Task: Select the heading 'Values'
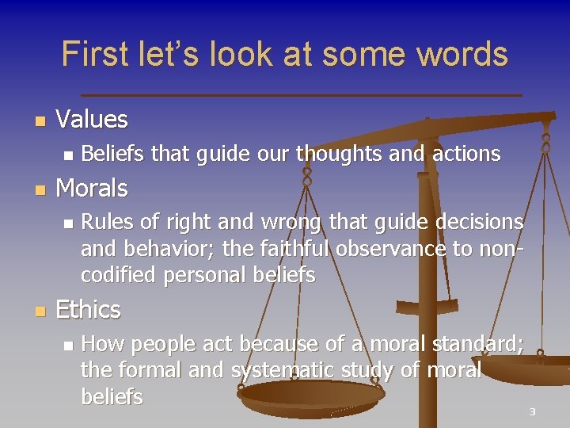(92, 120)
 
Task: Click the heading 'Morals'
(92, 189)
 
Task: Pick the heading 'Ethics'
(89, 310)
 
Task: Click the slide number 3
(533, 412)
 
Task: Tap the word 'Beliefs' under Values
(113, 154)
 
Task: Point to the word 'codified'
(119, 275)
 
